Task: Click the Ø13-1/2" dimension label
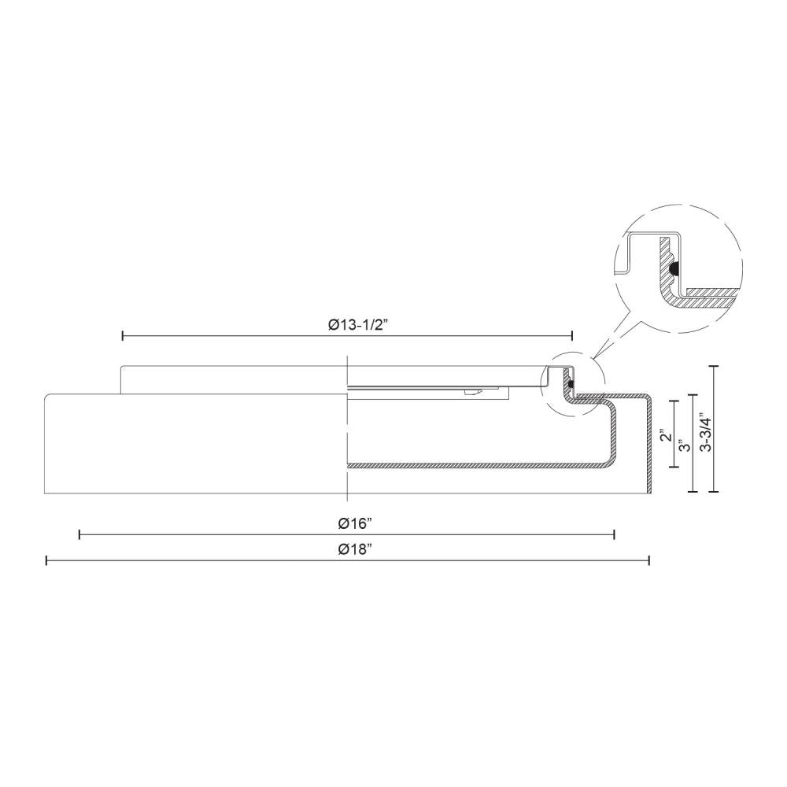(x=348, y=323)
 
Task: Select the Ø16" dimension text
(x=347, y=523)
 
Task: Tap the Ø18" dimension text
(x=347, y=548)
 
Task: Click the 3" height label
(x=685, y=445)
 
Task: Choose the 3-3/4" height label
(x=705, y=431)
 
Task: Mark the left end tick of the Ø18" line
(x=46, y=560)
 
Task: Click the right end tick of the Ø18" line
(x=648, y=560)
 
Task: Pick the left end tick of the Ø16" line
(x=79, y=535)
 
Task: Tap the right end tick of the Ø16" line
(x=614, y=535)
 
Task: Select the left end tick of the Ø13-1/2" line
(x=123, y=336)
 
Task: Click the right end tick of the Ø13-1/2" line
(x=572, y=336)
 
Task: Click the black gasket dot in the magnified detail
(x=674, y=269)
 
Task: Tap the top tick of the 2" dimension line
(x=674, y=401)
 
